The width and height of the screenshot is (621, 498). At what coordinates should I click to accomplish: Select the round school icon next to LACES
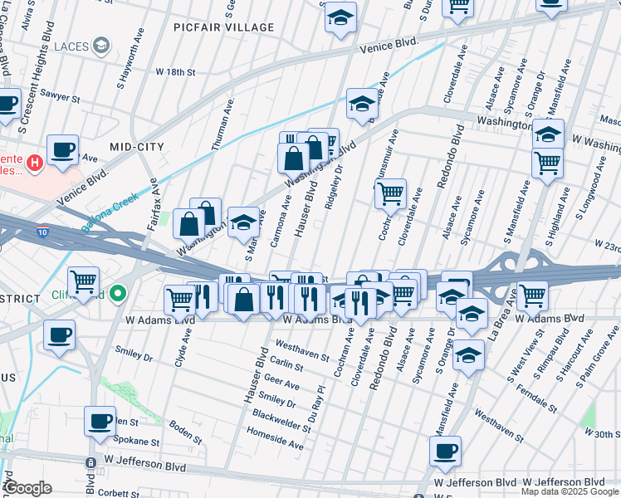tap(103, 44)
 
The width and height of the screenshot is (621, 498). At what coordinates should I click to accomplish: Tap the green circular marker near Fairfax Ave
tap(120, 293)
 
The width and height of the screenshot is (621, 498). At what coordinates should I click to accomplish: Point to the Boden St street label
tap(186, 434)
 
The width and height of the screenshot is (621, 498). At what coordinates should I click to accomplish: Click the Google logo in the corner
tap(28, 487)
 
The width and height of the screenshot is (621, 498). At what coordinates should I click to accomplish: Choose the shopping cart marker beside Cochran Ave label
tap(390, 194)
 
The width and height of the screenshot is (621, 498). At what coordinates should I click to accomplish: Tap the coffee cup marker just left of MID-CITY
tap(62, 150)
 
